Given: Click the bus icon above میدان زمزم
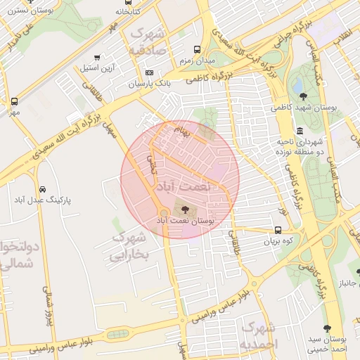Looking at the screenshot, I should (197, 50).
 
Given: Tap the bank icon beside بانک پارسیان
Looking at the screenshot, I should (149, 72).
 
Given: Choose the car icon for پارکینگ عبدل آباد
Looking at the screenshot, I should (44, 190).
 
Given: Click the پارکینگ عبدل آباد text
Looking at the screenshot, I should (44, 200).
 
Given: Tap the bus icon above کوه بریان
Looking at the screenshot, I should (278, 230).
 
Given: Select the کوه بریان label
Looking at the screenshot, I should (278, 241).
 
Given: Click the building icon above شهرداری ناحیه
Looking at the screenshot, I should (300, 130).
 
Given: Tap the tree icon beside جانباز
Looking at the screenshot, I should (358, 272).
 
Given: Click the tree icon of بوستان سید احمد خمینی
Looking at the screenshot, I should (326, 328).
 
